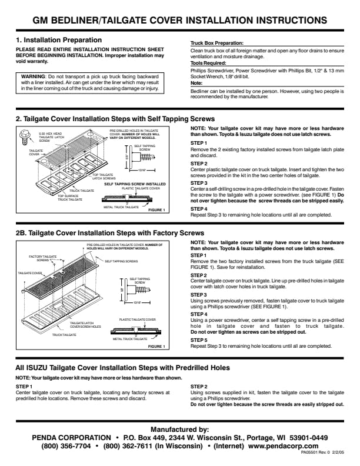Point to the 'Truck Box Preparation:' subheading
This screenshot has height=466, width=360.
click(x=216, y=44)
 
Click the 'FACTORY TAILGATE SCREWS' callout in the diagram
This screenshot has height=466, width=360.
click(x=43, y=258)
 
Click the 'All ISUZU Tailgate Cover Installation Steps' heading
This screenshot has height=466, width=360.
click(x=122, y=368)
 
